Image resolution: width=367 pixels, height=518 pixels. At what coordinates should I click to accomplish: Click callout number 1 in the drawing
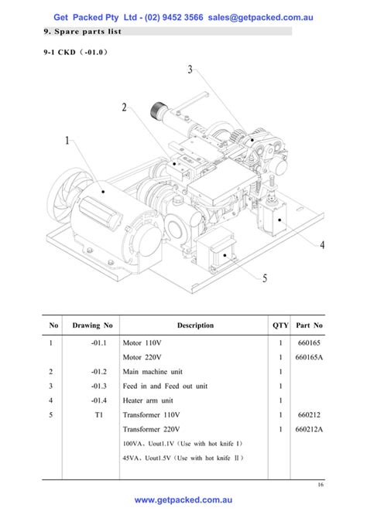point(67,141)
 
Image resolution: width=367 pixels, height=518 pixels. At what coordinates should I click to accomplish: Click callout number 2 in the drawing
point(124,107)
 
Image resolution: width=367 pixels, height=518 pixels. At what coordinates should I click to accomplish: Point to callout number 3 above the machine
point(190,70)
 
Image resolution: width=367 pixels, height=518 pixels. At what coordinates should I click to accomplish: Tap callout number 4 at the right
point(321,244)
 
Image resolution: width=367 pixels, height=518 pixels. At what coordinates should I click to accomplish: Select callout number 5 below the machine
point(265,278)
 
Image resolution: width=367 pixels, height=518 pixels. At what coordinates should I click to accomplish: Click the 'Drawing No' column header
point(92,325)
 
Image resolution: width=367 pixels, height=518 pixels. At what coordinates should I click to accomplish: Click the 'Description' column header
point(195,325)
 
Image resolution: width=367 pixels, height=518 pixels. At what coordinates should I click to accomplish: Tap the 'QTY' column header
point(280,325)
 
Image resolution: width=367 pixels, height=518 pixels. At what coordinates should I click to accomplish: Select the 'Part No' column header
point(309,325)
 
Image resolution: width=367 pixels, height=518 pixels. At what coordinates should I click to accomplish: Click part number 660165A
point(309,357)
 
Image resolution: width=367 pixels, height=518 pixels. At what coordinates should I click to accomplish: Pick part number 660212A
point(309,428)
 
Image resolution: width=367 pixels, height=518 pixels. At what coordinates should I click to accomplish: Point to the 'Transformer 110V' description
point(152,414)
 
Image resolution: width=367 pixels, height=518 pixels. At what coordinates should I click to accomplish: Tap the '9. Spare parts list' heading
point(84,32)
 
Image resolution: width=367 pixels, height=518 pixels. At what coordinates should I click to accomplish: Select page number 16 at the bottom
point(321,485)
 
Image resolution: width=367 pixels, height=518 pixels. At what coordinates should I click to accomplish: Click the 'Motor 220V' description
point(142,357)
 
